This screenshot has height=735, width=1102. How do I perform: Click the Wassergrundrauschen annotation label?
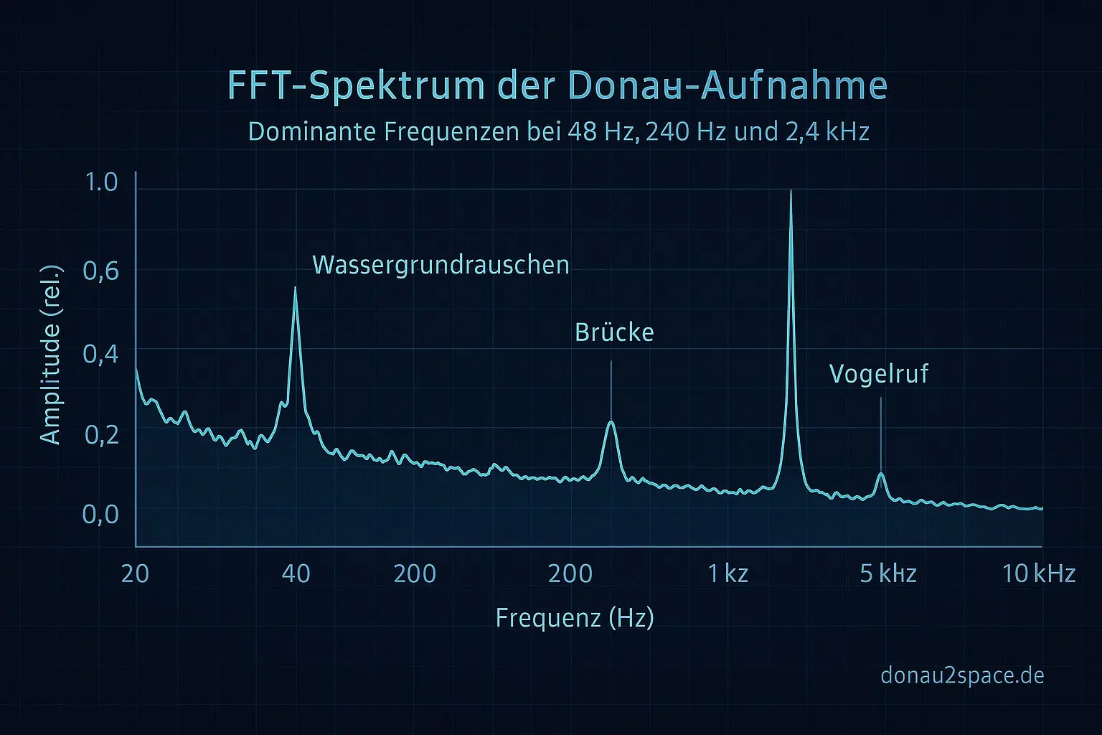441,266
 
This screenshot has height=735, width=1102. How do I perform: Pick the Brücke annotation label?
614,333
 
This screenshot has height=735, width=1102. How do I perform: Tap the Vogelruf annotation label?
879,374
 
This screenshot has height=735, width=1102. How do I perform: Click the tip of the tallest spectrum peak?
791,191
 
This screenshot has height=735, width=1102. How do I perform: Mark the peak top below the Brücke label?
611,422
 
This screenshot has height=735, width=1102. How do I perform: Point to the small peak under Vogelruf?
881,474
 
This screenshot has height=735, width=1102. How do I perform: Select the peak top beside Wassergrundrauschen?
295,288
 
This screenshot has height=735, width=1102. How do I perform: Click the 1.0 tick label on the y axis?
101,182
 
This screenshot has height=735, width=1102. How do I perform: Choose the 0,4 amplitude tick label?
100,354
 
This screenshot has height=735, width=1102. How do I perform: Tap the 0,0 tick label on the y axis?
100,515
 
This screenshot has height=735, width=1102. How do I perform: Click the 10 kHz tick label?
1038,574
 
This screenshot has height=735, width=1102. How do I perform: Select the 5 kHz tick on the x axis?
887,574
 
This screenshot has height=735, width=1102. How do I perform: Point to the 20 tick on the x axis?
135,574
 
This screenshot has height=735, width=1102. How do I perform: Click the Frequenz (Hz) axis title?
574,618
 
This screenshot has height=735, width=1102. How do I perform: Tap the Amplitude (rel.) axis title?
51,355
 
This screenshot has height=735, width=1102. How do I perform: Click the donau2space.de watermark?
961,675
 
